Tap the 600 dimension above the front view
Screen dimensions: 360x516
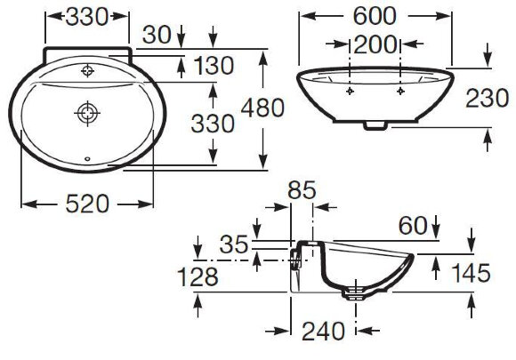coord(374,16)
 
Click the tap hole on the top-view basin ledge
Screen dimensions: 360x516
coord(87,70)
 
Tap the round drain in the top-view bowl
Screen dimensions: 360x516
coord(86,112)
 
